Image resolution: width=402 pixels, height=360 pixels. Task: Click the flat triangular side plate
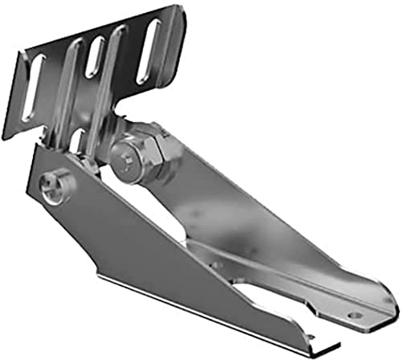coord(121,233)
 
